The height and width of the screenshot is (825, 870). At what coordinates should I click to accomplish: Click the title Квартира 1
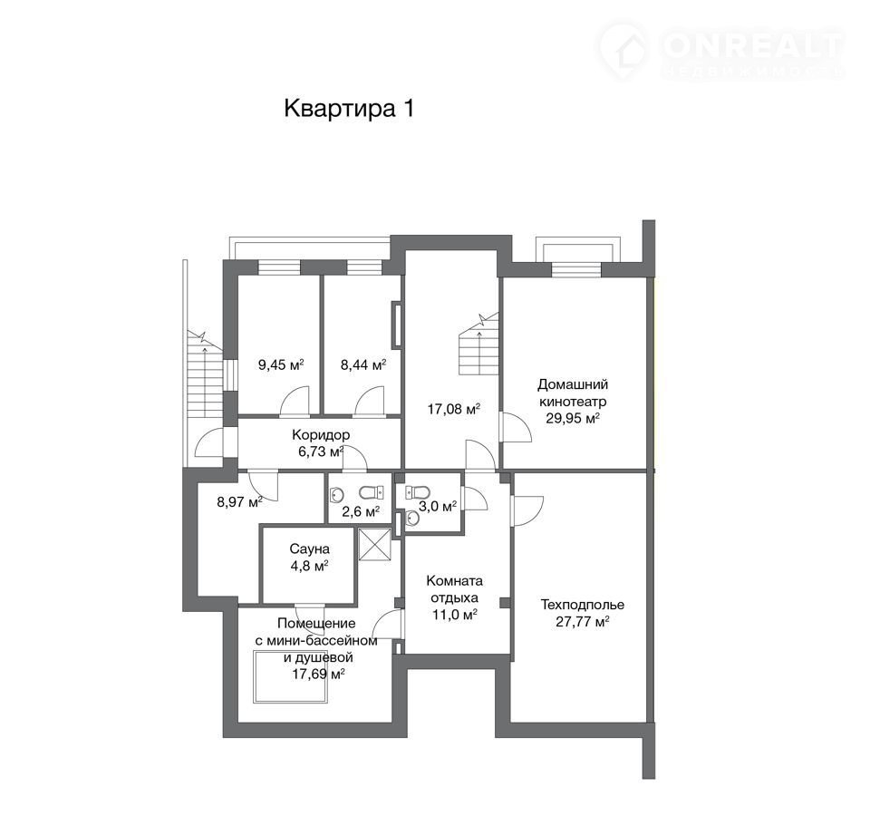pyautogui.click(x=349, y=108)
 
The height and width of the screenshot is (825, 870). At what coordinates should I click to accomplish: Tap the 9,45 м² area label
pyautogui.click(x=281, y=364)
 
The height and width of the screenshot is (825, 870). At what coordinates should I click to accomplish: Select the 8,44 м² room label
pyautogui.click(x=363, y=364)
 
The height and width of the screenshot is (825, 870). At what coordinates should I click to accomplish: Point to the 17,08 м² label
pyautogui.click(x=454, y=409)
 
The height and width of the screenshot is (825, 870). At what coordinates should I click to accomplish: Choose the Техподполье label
pyautogui.click(x=583, y=605)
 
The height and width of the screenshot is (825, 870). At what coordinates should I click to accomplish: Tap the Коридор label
pyautogui.click(x=321, y=434)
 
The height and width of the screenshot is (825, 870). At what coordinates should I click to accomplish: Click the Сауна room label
pyautogui.click(x=310, y=548)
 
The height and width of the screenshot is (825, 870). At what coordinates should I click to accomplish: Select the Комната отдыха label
pyautogui.click(x=454, y=589)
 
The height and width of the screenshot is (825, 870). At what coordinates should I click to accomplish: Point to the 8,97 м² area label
pyautogui.click(x=239, y=502)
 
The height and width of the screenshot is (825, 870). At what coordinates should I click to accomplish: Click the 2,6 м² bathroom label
pyautogui.click(x=361, y=511)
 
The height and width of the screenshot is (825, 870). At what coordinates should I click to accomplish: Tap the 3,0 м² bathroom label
pyautogui.click(x=438, y=506)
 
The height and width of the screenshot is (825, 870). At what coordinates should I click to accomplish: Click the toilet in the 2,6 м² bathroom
pyautogui.click(x=372, y=492)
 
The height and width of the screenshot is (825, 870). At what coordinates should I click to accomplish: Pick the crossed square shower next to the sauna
pyautogui.click(x=375, y=545)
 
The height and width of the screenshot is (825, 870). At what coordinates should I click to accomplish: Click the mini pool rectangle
pyautogui.click(x=291, y=676)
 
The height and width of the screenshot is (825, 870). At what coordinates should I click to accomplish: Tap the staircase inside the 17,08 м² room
pyautogui.click(x=478, y=345)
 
